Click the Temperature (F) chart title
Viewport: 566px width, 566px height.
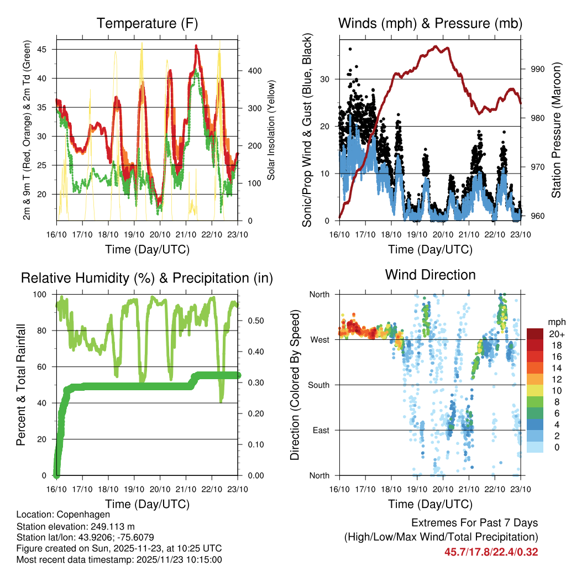click(147, 23)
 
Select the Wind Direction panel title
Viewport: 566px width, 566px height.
click(430, 275)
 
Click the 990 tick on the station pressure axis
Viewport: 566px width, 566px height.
click(538, 69)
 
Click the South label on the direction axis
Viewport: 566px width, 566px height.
click(319, 385)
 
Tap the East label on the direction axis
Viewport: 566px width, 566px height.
click(321, 430)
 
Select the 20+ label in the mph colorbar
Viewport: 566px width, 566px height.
click(556, 334)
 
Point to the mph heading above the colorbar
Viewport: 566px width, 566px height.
click(555, 321)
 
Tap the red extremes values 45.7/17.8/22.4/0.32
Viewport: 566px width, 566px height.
click(491, 552)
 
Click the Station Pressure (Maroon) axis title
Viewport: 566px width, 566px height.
click(556, 129)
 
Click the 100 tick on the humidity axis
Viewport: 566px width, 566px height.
click(44, 294)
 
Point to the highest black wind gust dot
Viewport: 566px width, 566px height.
click(350, 49)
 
